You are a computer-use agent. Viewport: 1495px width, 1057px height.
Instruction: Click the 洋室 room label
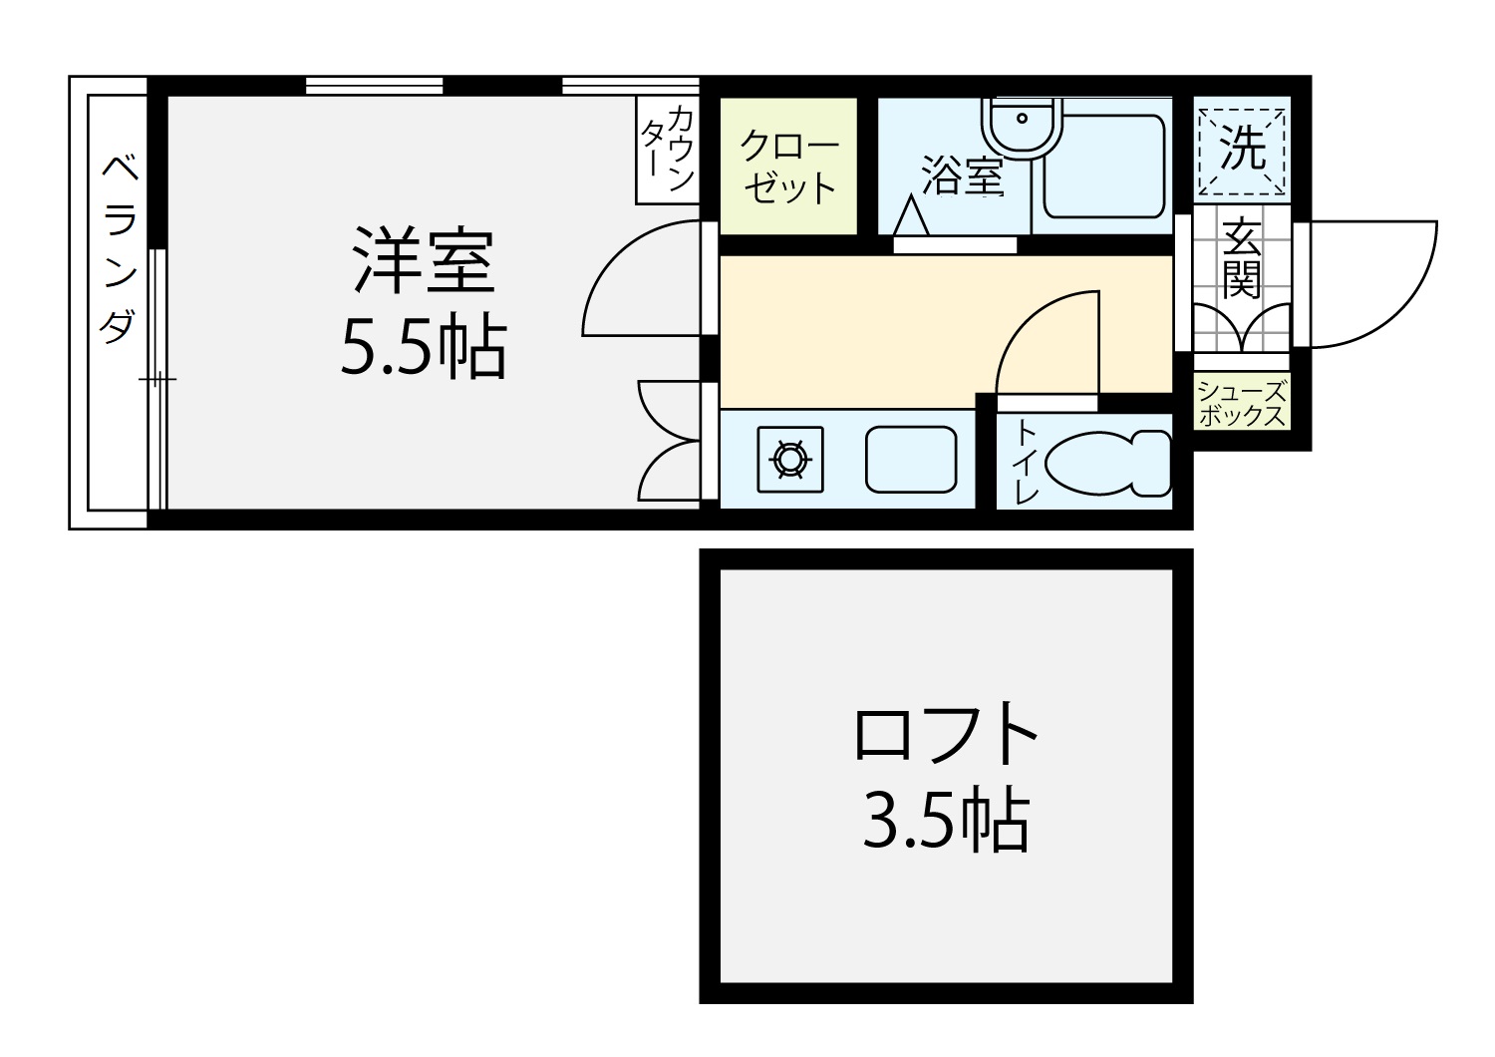coord(424,260)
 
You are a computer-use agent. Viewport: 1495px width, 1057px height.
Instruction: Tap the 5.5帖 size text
coord(424,346)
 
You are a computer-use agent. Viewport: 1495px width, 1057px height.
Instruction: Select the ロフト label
coord(946,734)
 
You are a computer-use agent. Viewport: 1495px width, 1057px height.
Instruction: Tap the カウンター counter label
coord(668,149)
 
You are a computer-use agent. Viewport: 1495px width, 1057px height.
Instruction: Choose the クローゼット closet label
coord(789,167)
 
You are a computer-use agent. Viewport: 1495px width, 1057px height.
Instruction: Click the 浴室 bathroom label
coord(963,175)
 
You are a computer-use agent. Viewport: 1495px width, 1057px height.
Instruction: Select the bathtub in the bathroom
coord(1104,167)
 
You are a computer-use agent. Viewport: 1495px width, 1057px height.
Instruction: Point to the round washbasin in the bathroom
coord(1022,127)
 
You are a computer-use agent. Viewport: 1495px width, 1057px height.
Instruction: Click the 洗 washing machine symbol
coord(1242,150)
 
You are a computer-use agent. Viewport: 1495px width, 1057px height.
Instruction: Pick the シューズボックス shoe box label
coord(1242,403)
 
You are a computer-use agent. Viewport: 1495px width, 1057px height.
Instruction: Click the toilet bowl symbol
coord(1108,464)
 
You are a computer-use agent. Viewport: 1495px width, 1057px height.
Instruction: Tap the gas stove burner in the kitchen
coord(790,460)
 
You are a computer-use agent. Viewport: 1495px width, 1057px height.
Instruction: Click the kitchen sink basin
coord(911,460)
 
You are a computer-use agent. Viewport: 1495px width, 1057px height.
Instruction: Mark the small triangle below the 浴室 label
coord(911,214)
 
